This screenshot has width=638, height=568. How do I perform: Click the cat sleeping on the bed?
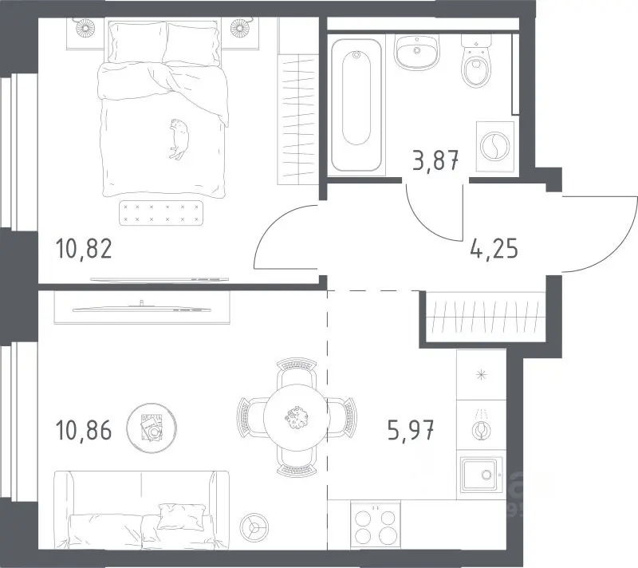tap(179, 139)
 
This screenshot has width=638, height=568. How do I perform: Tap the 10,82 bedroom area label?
tap(84, 249)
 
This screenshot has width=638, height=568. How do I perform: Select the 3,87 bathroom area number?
tap(435, 160)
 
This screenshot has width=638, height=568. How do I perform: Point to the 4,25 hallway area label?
tap(494, 248)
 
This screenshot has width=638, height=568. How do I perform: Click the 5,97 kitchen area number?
tap(411, 430)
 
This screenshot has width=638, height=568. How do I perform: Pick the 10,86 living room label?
tap(84, 430)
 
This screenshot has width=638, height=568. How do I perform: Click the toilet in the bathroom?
tap(476, 61)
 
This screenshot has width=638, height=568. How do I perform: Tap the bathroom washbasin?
tap(416, 52)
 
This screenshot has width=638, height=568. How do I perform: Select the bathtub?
tap(356, 105)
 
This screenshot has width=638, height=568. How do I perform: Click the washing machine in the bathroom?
tap(494, 147)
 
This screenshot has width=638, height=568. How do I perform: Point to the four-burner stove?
tap(376, 524)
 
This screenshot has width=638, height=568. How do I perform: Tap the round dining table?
tap(296, 417)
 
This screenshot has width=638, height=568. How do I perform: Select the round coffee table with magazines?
tap(152, 428)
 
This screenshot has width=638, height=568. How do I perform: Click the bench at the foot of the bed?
tap(161, 213)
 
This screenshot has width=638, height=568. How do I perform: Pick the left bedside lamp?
tap(85, 28)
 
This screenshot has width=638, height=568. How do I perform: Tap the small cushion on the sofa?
tap(181, 517)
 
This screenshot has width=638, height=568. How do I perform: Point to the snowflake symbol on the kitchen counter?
tap(482, 374)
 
